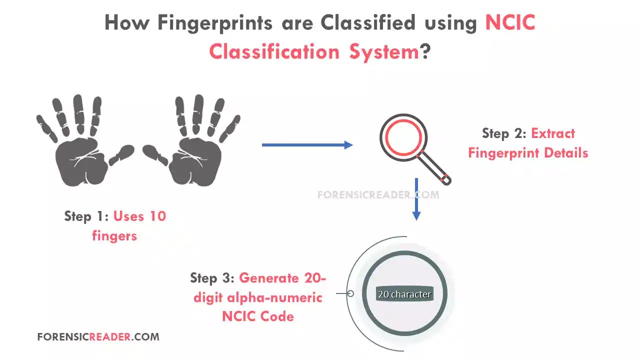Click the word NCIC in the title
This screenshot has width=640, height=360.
tap(510, 23)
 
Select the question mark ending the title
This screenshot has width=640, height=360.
tap(425, 51)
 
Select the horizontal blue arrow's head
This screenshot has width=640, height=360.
tap(348, 145)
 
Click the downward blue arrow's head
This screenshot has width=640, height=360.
tap(416, 215)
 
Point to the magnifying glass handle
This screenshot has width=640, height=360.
tap(437, 170)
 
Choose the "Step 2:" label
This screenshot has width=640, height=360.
tap(504, 133)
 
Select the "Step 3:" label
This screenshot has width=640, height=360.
tap(212, 278)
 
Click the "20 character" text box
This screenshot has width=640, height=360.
tap(404, 294)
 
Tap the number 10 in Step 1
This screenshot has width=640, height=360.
tap(156, 216)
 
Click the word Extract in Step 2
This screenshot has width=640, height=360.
tap(553, 133)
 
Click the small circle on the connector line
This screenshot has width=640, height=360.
tap(350, 293)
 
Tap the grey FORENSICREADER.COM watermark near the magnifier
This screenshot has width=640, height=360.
tap(378, 195)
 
